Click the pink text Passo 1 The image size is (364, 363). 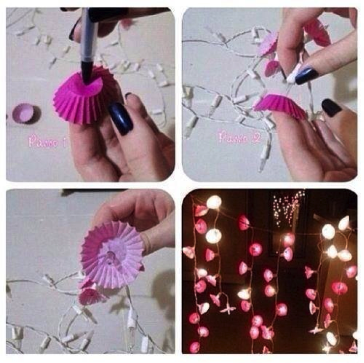pos(47,142)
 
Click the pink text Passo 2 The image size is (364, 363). pos(240,137)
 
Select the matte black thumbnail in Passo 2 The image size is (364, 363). pos(331,108)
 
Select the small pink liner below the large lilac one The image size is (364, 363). pos(90,294)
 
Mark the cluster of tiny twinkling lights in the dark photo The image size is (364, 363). pos(288,208)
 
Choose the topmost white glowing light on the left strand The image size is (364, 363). pos(214,202)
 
